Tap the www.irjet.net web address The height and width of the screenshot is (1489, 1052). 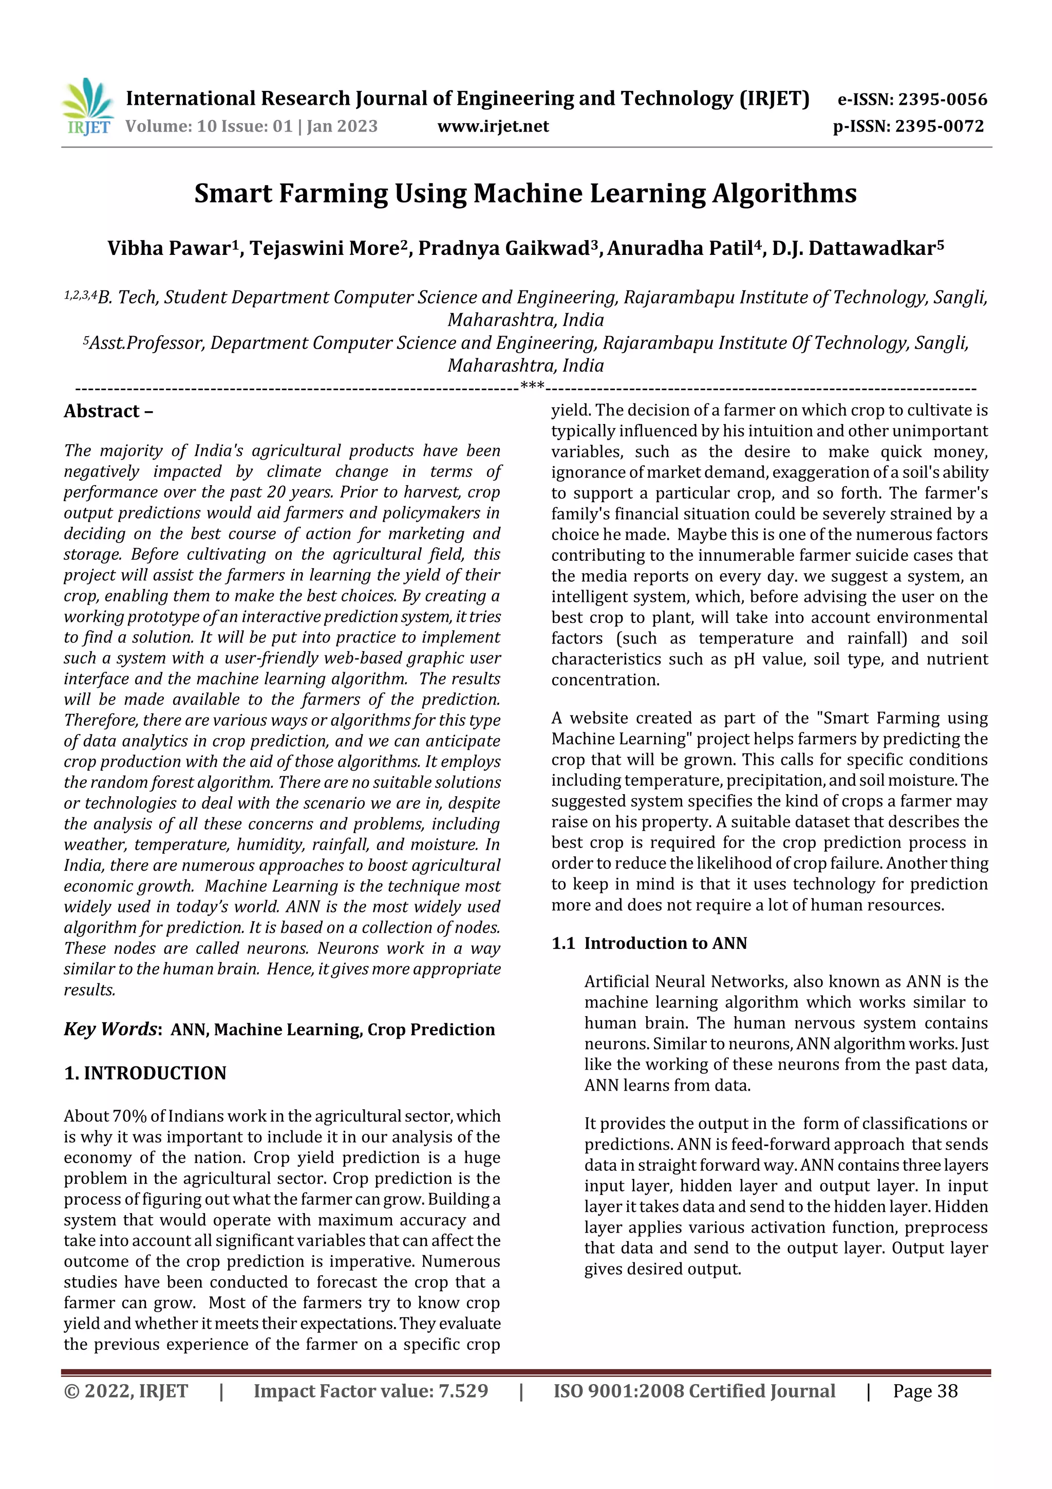point(493,126)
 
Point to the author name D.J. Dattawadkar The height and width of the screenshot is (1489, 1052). point(854,248)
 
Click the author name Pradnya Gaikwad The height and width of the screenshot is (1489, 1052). point(503,248)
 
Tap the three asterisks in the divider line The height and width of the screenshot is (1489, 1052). point(532,387)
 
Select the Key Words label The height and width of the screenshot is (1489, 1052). point(111,1029)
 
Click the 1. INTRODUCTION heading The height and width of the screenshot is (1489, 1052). point(145,1073)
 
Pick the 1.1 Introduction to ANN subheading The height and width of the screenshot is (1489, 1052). point(649,943)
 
